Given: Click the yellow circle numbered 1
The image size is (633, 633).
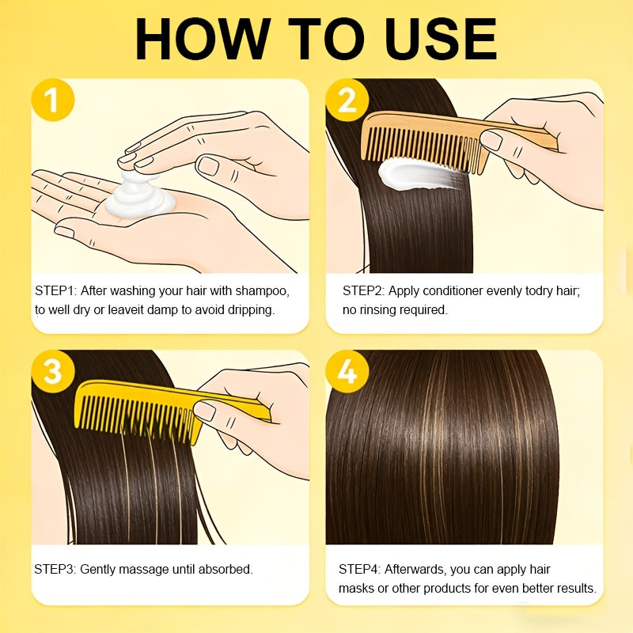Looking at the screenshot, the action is tap(53, 100).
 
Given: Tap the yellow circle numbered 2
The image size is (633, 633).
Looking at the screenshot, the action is tap(347, 100).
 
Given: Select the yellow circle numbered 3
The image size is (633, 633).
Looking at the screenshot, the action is tap(53, 371).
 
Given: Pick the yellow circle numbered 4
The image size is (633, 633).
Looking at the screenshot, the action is tap(347, 371).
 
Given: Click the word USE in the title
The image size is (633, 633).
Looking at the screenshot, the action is tap(441, 39).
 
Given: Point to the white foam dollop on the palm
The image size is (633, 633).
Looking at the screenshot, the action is tap(140, 195).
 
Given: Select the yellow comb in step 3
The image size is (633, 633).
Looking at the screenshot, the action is tap(169, 410).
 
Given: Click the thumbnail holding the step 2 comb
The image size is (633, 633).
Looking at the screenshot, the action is tap(491, 141).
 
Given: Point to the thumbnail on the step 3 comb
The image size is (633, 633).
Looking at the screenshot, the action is tap(204, 411).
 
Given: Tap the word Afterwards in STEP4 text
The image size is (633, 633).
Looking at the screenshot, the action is tap(415, 570).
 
